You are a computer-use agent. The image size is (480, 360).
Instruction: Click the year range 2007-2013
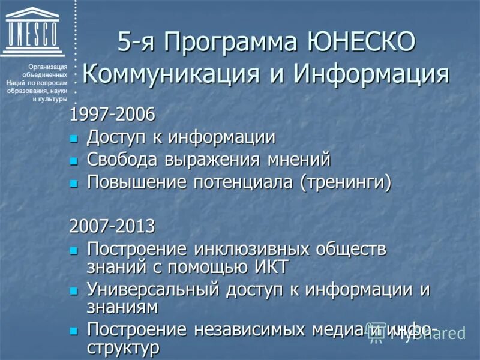click(112, 226)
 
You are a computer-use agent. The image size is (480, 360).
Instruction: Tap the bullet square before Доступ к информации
click(74, 139)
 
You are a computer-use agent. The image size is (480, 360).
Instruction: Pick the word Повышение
click(137, 182)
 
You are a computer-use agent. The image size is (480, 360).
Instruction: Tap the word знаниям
click(122, 307)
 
